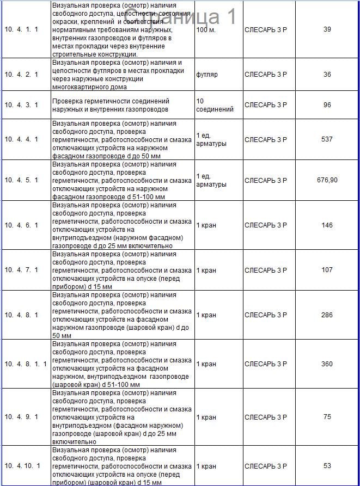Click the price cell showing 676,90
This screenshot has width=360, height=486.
pyautogui.click(x=327, y=180)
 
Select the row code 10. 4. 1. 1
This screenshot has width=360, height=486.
pyautogui.click(x=21, y=29)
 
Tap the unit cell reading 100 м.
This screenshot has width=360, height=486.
pyautogui.click(x=206, y=29)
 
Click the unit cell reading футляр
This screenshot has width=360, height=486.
pyautogui.click(x=207, y=75)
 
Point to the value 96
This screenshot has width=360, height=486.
pyautogui.click(x=327, y=105)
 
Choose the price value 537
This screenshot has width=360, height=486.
pyautogui.click(x=327, y=139)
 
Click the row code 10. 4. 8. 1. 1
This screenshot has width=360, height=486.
pyautogui.click(x=26, y=364)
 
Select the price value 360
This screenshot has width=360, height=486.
pyautogui.click(x=327, y=364)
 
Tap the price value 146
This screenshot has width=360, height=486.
pyautogui.click(x=327, y=225)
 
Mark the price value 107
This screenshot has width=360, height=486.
pyautogui.click(x=327, y=270)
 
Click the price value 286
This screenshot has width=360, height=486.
pyautogui.click(x=327, y=315)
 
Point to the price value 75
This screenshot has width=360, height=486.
pyautogui.click(x=327, y=417)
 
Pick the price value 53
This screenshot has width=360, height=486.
pyautogui.click(x=327, y=466)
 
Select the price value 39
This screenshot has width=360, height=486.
pyautogui.click(x=327, y=29)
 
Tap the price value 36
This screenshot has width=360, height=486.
pyautogui.click(x=327, y=75)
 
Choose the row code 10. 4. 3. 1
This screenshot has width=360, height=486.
pyautogui.click(x=21, y=105)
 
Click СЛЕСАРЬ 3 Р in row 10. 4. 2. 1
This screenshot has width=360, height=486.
pyautogui.click(x=266, y=75)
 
